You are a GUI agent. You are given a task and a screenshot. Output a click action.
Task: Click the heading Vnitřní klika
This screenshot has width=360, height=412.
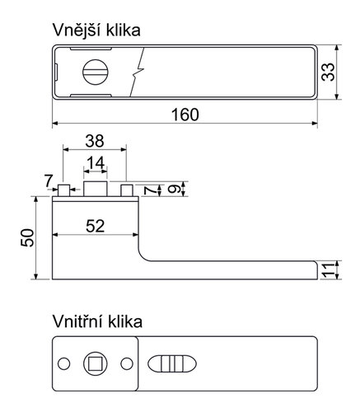[x=96, y=321]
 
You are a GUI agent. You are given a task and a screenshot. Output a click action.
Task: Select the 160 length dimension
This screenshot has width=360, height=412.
[x=185, y=115]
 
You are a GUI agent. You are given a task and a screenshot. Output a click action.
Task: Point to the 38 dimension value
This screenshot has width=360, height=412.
[x=96, y=141]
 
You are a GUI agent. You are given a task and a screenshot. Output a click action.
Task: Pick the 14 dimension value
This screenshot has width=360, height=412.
[x=96, y=163]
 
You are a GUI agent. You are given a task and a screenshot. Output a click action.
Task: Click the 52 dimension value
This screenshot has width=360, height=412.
[x=95, y=227]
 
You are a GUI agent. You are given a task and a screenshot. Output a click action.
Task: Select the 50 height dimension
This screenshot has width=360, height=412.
[x=26, y=239]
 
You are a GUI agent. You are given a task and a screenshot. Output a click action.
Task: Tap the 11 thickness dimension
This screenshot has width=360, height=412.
[x=329, y=269]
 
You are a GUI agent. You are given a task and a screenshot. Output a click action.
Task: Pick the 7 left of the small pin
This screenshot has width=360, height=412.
[x=49, y=180]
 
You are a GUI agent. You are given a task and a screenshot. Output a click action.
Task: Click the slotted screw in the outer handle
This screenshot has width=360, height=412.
[x=93, y=72]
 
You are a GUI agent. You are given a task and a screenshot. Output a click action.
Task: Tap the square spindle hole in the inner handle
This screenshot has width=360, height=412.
[x=93, y=363]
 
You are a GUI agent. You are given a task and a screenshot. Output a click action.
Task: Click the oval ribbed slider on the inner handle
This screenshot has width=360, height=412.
[x=171, y=363]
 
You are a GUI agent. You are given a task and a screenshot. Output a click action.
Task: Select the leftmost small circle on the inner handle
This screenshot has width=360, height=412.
[x=63, y=363]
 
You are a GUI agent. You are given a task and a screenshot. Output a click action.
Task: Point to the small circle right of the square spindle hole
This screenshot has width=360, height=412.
[x=125, y=363]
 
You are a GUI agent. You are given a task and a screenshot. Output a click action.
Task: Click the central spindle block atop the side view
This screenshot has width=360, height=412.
[x=96, y=190]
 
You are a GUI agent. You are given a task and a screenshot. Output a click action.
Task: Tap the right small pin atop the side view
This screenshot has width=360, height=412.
[x=127, y=192]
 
